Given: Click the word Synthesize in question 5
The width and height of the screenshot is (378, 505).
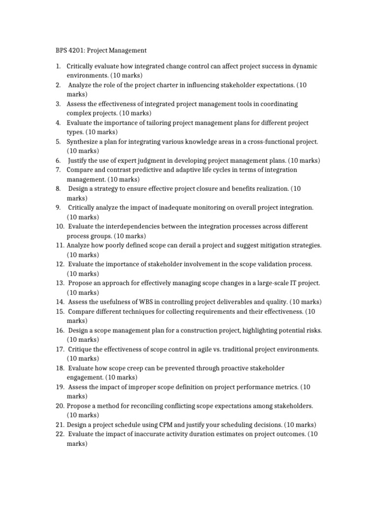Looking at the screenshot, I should [x=84, y=142].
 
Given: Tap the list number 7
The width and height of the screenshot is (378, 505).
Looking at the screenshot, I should [x=58, y=170].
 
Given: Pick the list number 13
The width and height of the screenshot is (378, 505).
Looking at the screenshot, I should [x=60, y=283].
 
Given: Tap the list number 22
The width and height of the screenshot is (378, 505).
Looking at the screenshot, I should [x=60, y=434].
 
